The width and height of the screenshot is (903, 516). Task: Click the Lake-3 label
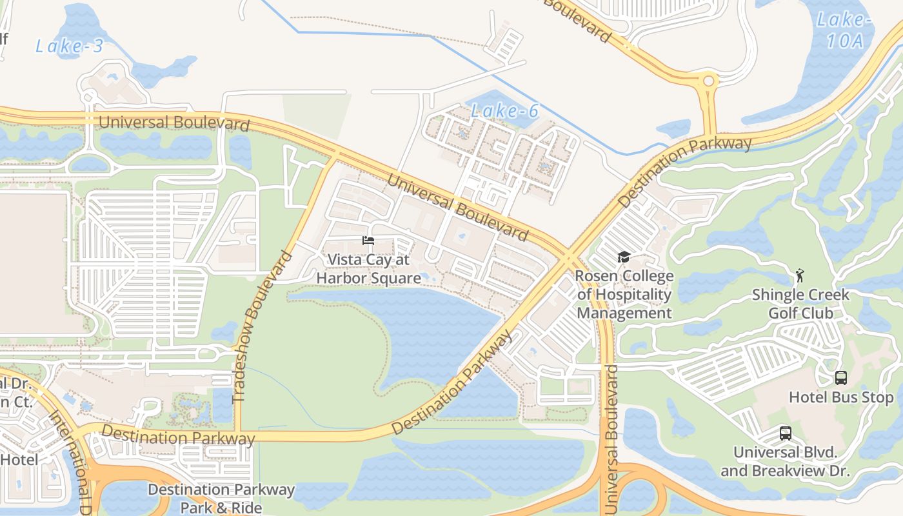click(69, 46)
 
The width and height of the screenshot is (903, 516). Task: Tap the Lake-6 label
click(504, 111)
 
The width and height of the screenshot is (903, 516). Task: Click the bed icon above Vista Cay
click(368, 241)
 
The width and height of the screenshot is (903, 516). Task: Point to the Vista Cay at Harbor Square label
click(368, 269)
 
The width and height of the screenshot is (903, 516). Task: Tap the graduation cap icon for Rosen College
click(624, 257)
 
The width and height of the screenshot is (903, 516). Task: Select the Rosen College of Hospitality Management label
click(624, 295)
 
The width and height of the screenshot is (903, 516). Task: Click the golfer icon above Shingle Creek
click(800, 275)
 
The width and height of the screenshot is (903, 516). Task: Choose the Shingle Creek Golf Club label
click(800, 304)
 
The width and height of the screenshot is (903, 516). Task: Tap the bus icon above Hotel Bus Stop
click(841, 378)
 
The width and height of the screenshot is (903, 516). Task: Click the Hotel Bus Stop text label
click(841, 397)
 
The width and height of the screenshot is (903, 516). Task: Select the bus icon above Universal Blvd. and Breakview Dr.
click(785, 433)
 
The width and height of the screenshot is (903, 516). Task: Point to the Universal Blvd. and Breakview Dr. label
click(785, 462)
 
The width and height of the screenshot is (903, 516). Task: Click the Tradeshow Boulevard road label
click(261, 327)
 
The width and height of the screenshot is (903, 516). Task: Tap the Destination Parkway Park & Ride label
click(221, 499)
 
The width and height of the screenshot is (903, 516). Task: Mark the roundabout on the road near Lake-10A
click(709, 81)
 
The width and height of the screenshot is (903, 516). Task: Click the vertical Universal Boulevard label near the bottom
click(611, 439)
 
